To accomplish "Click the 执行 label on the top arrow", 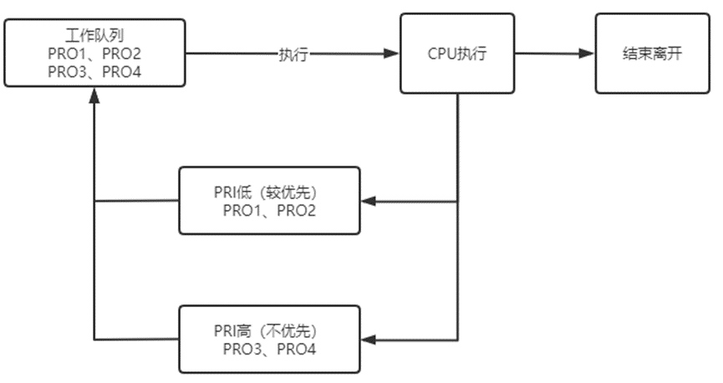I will point(293,54).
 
